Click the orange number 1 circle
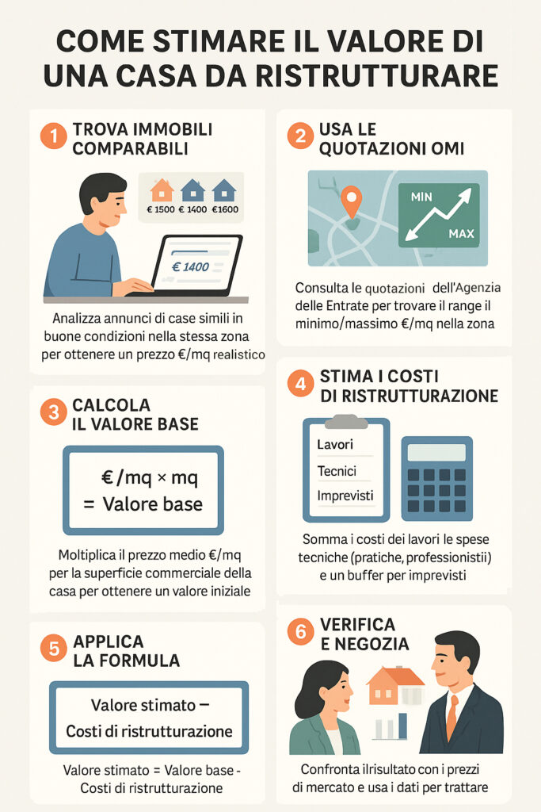pyautogui.click(x=53, y=136)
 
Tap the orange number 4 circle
pyautogui.click(x=300, y=385)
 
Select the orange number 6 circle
pyautogui.click(x=300, y=633)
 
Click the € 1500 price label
pyautogui.click(x=161, y=210)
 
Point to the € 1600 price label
pyautogui.click(x=224, y=210)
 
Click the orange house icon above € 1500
pyautogui.click(x=162, y=190)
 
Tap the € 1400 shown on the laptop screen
pyautogui.click(x=190, y=266)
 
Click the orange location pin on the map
pyautogui.click(x=350, y=200)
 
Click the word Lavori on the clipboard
pyautogui.click(x=335, y=445)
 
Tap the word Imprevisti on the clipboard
pyautogui.click(x=345, y=496)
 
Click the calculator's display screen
pyautogui.click(x=436, y=453)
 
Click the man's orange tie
pyautogui.click(x=451, y=716)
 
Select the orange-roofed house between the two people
pyautogui.click(x=394, y=687)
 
